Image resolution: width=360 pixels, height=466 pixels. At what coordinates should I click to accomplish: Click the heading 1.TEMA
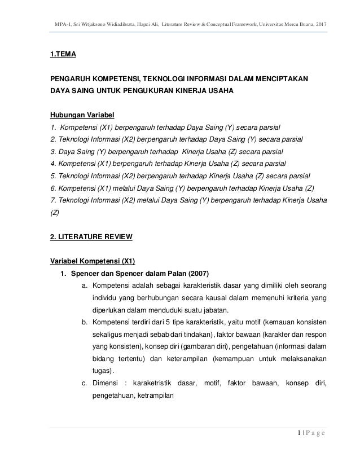point(63,54)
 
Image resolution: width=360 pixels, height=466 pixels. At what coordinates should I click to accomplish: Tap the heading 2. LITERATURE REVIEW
point(91,237)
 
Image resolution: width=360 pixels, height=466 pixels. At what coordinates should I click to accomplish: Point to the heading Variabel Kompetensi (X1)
point(92,261)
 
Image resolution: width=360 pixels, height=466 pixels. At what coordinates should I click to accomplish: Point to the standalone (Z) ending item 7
point(54,213)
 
